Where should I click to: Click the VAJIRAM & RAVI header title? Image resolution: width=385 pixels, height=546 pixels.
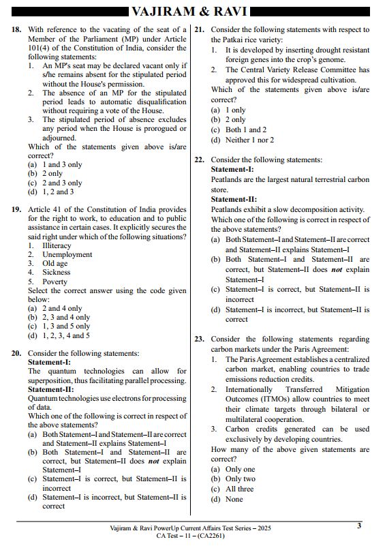pyautogui.click(x=191, y=12)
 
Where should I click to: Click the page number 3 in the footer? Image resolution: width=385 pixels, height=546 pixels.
pyautogui.click(x=359, y=526)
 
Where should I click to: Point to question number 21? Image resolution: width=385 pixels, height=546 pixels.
pyautogui.click(x=200, y=30)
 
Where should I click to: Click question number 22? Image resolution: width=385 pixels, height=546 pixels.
pyautogui.click(x=200, y=160)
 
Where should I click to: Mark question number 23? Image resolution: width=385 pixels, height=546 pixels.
pyautogui.click(x=200, y=339)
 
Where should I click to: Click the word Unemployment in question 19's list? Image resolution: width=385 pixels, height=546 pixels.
pyautogui.click(x=67, y=254)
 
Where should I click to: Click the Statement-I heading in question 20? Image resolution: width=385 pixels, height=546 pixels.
pyautogui.click(x=49, y=362)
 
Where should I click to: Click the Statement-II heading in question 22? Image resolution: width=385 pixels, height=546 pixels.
pyautogui.click(x=233, y=200)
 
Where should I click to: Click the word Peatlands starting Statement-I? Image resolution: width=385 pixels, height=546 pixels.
pyautogui.click(x=230, y=179)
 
